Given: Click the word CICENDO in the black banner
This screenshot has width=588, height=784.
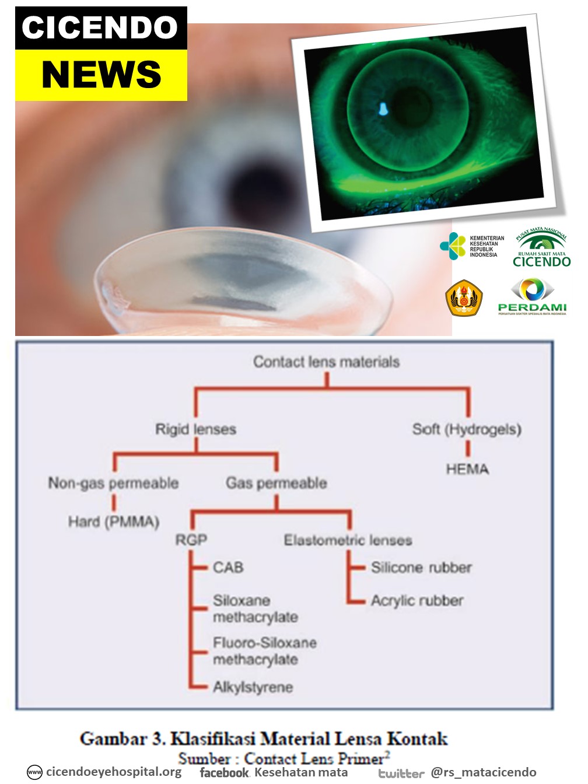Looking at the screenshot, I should pos(100,28).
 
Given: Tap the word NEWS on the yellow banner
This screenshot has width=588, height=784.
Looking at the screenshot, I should pos(101,75).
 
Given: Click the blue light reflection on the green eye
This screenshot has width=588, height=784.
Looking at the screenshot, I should pos(383,108).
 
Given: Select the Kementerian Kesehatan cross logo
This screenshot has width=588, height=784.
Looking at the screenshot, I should pos(453,246).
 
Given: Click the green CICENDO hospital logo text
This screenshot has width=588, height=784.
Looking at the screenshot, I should pos(541,261).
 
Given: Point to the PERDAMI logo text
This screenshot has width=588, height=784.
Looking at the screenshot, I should pos(532,307).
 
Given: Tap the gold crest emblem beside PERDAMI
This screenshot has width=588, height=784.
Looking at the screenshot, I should pos(464,297).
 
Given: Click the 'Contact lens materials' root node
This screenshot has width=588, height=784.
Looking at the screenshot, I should pos(326,362).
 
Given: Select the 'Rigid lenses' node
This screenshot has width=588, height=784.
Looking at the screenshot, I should pos(195,429).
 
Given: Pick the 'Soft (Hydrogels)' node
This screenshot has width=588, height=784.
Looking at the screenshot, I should pos(467,429).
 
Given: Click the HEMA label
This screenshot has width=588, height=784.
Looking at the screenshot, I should pos(467,469).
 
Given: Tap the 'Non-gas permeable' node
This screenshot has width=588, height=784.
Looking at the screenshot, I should pos(113,483).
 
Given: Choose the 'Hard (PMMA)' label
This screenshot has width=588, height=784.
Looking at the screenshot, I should pos(114,521).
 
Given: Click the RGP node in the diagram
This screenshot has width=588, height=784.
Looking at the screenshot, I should pos(191,540).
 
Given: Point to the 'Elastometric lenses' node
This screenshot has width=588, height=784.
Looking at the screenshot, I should pos(348,540).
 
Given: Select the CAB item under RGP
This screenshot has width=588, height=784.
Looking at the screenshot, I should pos(228,567).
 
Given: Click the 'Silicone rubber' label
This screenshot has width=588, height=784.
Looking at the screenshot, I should pos(421,567).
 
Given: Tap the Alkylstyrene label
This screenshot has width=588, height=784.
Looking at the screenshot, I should pos(253,687).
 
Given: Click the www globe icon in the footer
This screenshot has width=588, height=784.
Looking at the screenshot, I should pos(35,772).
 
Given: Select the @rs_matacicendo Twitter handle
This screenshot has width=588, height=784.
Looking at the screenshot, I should pos(483,772).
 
